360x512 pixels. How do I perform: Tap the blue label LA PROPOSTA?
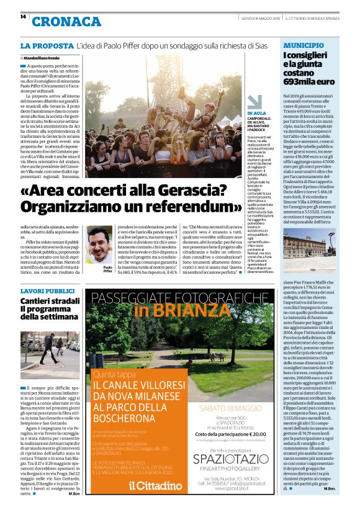pyautogui.click(x=46, y=46)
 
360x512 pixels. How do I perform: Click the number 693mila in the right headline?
pyautogui.click(x=299, y=81)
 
